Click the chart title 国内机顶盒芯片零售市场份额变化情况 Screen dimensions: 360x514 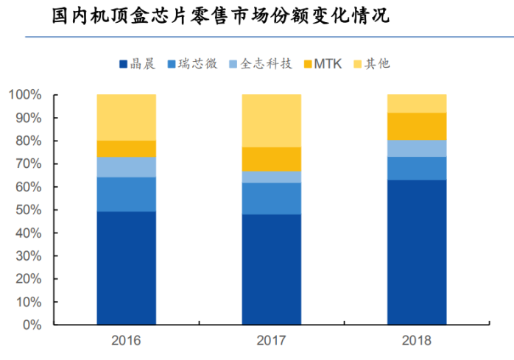pyautogui.click(x=221, y=15)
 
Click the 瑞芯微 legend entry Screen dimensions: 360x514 pyautogui.click(x=192, y=63)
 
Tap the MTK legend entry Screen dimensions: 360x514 pyautogui.click(x=322, y=63)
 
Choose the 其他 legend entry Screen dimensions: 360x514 pyautogui.click(x=373, y=63)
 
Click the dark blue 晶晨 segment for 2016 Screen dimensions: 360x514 pyautogui.click(x=126, y=268)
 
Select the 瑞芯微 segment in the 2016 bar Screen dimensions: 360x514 pyautogui.click(x=126, y=194)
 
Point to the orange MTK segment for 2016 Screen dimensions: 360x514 pyautogui.click(x=126, y=149)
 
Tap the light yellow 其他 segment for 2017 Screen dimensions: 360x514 pyautogui.click(x=272, y=121)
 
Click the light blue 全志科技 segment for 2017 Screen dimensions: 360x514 pyautogui.click(x=272, y=177)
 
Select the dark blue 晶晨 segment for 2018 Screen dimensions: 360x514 pyautogui.click(x=417, y=252)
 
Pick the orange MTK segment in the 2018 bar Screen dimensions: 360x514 pyautogui.click(x=417, y=126)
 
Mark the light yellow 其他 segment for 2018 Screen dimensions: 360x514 pyautogui.click(x=417, y=103)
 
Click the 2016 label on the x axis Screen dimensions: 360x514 pyautogui.click(x=126, y=341)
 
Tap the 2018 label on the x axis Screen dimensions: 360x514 pyautogui.click(x=417, y=341)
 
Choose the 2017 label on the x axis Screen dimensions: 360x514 pyautogui.click(x=272, y=341)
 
